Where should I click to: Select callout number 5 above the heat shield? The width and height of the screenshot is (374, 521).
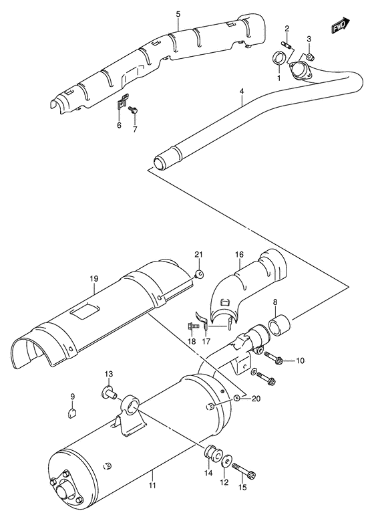pos(178,14)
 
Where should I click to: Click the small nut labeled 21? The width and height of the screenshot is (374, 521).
pos(198,273)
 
